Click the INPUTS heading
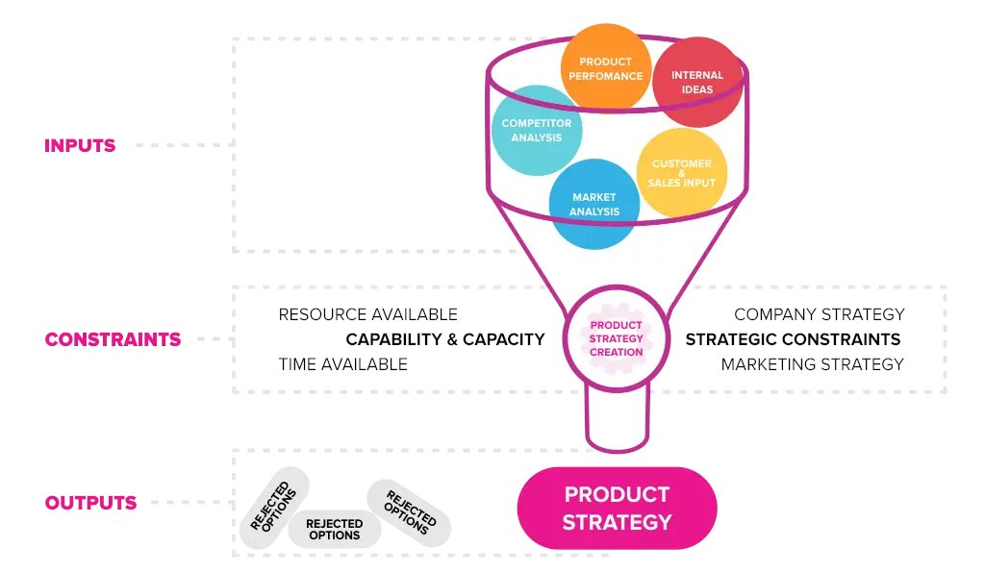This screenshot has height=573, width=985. point(80,146)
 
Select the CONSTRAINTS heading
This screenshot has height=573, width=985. point(113,339)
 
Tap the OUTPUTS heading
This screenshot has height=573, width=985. point(90,503)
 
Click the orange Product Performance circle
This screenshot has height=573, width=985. point(605,66)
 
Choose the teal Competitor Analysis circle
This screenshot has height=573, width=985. point(537,130)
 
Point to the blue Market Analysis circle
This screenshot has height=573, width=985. point(594,204)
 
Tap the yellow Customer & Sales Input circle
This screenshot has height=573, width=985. point(681,173)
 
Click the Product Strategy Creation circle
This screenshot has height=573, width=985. point(617,339)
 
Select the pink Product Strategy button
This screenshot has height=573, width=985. point(617,509)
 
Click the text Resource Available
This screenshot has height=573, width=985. point(367,314)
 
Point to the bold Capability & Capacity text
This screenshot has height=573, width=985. point(444,339)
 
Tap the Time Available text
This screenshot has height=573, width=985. point(342,364)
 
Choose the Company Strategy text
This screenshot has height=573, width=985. point(819,314)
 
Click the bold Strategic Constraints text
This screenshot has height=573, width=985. point(793,339)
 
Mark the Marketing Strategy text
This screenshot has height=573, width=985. point(812,364)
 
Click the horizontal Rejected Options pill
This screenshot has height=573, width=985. point(334,529)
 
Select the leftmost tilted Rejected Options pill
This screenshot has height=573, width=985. point(274,507)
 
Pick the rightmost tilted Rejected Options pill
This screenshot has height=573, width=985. point(410,512)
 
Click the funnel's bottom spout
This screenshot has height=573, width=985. point(617,422)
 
